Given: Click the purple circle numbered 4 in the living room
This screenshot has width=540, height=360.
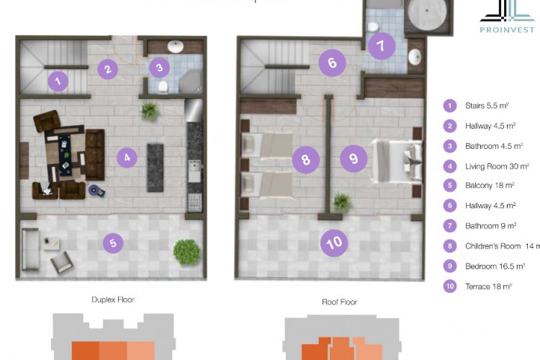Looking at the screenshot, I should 126,157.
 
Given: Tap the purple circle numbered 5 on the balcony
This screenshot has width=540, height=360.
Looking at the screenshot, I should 112,243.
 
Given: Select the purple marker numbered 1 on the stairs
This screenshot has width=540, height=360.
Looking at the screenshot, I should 58,81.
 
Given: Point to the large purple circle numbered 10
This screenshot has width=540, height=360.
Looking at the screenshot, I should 335,243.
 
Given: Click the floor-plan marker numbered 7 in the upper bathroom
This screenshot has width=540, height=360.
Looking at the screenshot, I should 382,47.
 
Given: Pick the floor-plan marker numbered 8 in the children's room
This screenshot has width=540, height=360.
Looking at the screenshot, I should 306,160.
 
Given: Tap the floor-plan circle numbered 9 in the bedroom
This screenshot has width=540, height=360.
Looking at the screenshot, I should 353,158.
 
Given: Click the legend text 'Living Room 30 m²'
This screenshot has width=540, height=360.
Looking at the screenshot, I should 497,166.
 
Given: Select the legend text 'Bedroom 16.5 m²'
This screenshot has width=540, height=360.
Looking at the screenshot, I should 492,266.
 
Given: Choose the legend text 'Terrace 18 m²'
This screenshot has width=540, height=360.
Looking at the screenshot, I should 488,286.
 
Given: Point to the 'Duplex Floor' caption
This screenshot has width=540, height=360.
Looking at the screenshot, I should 113,299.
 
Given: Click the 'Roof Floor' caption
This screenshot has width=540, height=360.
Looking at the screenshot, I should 339,302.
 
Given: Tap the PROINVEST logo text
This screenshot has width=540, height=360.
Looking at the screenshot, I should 508,30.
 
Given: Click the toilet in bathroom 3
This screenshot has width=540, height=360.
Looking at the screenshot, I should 165,86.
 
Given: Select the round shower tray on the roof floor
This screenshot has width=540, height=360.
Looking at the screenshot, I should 429,16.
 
